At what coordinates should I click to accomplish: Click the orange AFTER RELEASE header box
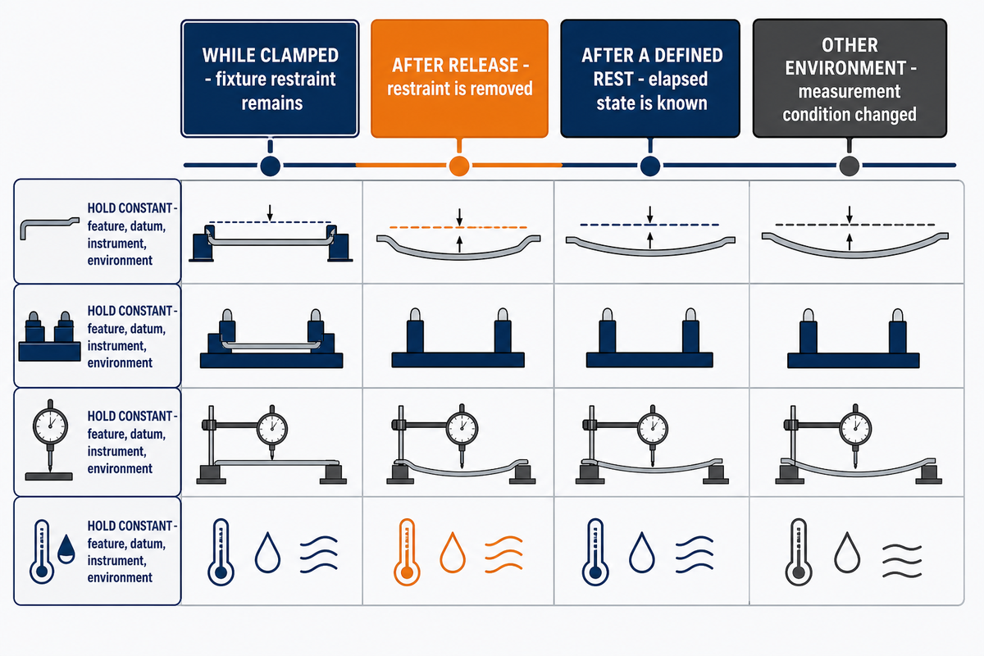tap(459, 78)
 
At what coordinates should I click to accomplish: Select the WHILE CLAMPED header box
tap(270, 78)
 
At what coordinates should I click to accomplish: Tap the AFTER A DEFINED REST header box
tap(650, 78)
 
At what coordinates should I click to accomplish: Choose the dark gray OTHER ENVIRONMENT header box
tap(850, 78)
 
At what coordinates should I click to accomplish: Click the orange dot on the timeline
tap(459, 166)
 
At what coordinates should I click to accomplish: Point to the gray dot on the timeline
tap(850, 166)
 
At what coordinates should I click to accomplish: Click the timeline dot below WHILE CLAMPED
tap(270, 166)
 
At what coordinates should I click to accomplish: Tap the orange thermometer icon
tap(407, 552)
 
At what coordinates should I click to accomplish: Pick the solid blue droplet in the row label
tap(66, 549)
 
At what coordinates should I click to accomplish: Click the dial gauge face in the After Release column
tap(462, 427)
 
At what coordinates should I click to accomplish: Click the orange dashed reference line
tap(458, 227)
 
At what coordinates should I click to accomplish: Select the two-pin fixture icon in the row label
tap(49, 336)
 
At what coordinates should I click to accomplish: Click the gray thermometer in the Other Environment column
tap(799, 552)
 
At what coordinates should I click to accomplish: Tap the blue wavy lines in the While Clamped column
tap(319, 554)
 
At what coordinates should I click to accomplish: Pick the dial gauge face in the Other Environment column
tap(855, 428)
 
